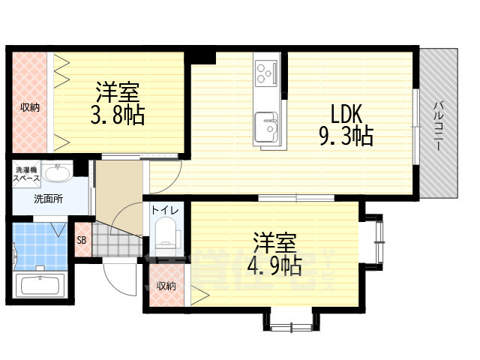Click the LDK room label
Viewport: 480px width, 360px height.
click(x=347, y=115)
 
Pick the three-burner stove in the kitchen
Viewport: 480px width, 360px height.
click(x=265, y=73)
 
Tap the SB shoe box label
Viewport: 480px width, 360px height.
click(x=81, y=241)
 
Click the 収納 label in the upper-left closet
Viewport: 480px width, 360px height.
click(x=30, y=107)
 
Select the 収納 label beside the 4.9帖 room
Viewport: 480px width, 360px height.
click(x=166, y=286)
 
